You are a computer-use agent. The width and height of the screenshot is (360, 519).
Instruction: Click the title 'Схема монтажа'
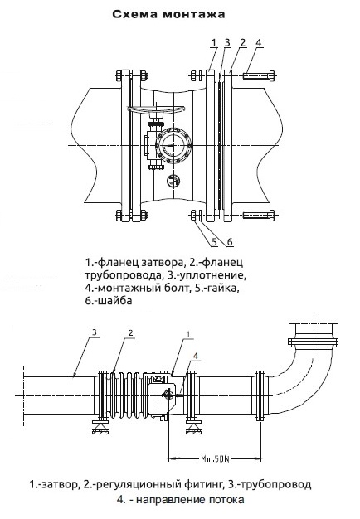click(x=168, y=15)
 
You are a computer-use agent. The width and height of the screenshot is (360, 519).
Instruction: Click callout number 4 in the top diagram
click(x=258, y=43)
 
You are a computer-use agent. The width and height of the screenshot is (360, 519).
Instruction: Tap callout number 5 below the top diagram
click(x=215, y=242)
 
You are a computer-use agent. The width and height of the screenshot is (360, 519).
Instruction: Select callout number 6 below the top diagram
click(x=230, y=242)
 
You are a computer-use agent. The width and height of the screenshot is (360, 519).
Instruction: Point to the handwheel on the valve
click(x=156, y=109)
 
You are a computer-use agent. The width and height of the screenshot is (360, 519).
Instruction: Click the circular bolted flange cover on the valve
click(x=173, y=146)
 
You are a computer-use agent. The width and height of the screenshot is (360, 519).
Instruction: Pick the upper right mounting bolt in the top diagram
click(x=259, y=75)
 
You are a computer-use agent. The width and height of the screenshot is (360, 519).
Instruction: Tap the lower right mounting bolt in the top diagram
click(x=259, y=215)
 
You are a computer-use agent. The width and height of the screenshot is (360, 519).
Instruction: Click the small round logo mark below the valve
click(x=173, y=181)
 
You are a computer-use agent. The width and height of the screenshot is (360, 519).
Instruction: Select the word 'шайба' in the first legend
click(x=114, y=301)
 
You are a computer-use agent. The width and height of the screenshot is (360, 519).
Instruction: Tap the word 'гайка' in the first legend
click(x=221, y=288)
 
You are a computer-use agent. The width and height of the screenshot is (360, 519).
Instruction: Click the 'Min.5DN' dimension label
click(x=215, y=458)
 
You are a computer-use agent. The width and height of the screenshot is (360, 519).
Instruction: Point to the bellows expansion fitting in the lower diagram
click(x=125, y=395)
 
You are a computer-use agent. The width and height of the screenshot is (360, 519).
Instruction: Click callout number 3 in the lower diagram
click(x=95, y=332)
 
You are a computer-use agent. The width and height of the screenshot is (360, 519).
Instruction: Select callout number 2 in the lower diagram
click(x=131, y=332)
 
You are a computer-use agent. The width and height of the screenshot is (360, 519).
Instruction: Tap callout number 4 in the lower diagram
click(x=196, y=357)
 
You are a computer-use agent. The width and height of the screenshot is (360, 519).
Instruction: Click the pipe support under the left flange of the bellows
click(x=100, y=427)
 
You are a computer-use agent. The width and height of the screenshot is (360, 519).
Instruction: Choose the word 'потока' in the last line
click(x=226, y=499)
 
